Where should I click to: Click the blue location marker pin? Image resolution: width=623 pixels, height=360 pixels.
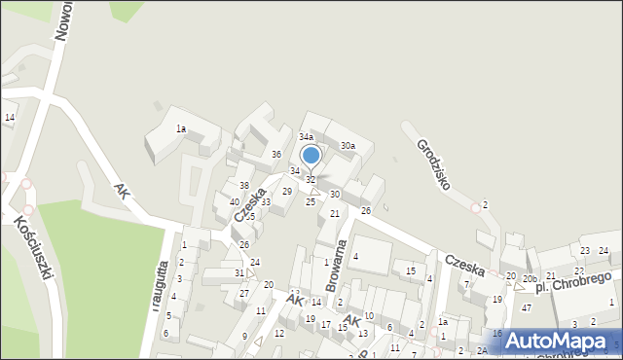pos(311,156)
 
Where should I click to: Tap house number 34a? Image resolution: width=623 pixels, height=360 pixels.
pos(306,137)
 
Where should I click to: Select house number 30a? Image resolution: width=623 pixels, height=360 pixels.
pos(348,146)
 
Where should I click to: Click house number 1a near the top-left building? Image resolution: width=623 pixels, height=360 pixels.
pos(180,128)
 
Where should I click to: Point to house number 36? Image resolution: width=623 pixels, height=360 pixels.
pos(276,155)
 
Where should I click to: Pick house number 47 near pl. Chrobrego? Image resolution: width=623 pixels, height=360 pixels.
pos(526,307)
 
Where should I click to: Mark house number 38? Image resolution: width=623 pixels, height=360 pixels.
pos(244,185)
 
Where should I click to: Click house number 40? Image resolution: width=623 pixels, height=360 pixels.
pos(235,201)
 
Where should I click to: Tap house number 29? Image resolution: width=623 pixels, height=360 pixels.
pos(287,191)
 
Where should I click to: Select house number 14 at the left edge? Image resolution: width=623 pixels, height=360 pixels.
pos(10,117)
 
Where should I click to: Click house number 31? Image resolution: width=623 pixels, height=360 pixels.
pos(239,273)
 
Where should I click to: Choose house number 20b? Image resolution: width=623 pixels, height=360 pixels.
pos(529,279)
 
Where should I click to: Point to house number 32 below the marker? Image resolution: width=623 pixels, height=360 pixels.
pos(311,180)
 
